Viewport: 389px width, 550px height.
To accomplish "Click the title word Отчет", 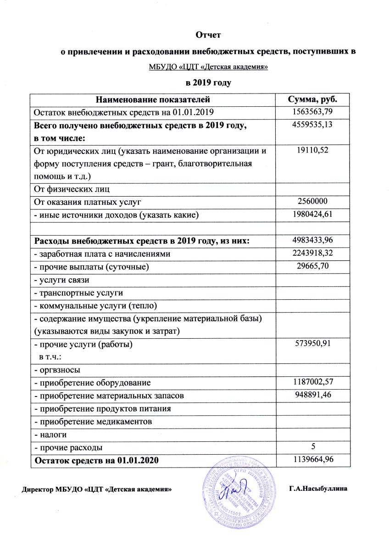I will point(208,34).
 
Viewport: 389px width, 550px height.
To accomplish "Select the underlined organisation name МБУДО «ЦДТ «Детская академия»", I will point(208,67).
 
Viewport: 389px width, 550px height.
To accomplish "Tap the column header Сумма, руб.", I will point(312,99).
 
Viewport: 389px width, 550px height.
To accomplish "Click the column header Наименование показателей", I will point(153,99).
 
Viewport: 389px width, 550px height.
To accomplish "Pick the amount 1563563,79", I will point(312,112).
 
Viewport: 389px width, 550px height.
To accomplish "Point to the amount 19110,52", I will point(312,149).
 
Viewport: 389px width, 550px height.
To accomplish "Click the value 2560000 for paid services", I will point(312,201).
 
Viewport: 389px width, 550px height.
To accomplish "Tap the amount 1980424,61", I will point(312,214).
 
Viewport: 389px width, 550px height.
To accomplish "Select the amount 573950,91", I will point(312,344).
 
